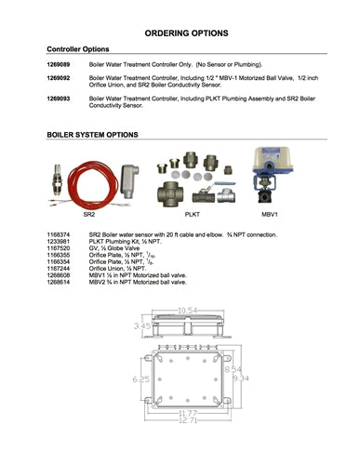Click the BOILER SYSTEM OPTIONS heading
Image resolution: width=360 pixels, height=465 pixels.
point(93,135)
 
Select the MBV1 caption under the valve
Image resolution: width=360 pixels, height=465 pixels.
point(269,215)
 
